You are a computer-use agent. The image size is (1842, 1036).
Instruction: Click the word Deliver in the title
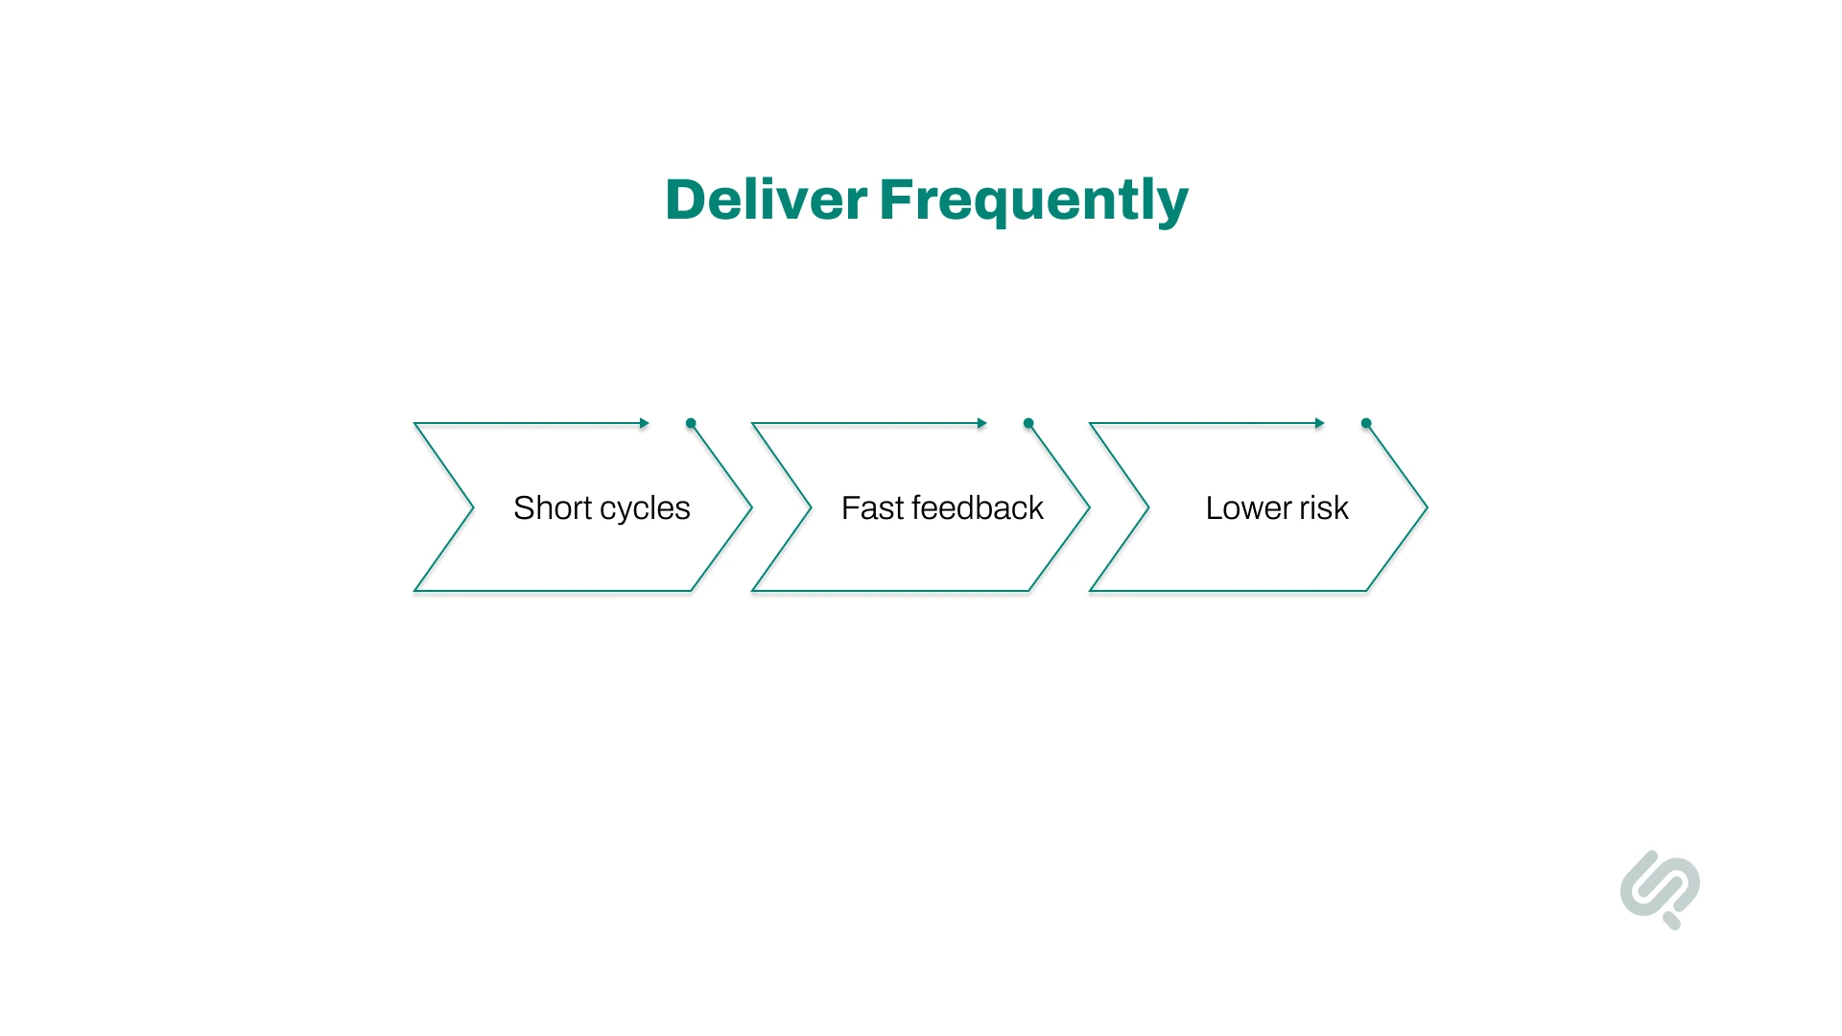766,200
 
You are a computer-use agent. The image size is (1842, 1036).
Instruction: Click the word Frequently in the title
1033,201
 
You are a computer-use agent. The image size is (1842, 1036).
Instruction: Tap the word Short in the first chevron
552,507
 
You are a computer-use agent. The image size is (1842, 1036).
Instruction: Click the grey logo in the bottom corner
1660,889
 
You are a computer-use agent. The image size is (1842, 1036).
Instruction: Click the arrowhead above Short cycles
645,423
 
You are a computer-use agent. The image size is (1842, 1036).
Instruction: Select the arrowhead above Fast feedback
982,423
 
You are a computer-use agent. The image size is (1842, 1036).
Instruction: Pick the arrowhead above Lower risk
1320,423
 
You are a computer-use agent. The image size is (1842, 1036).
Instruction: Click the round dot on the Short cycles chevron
691,423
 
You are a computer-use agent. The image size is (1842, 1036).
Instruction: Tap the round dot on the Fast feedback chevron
1028,423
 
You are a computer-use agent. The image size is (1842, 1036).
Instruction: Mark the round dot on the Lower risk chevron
1366,423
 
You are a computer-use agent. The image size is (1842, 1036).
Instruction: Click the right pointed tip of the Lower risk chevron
1427,507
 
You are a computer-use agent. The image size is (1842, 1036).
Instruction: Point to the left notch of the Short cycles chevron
473,507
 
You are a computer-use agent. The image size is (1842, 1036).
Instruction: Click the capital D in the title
686,200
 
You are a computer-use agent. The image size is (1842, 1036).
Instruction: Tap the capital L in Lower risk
1215,507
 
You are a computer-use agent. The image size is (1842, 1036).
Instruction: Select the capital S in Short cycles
524,507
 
